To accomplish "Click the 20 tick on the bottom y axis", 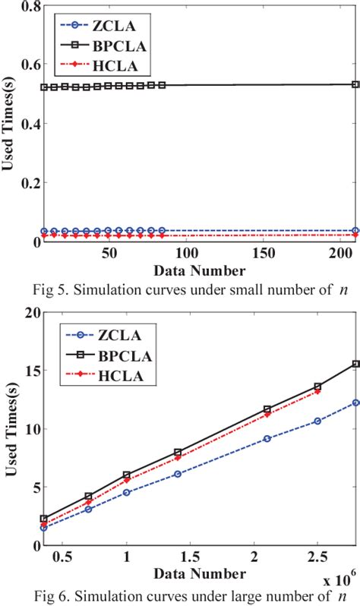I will click(x=21, y=312).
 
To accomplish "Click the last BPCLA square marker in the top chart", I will click(x=355, y=85).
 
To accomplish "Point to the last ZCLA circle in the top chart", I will click(x=355, y=230).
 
